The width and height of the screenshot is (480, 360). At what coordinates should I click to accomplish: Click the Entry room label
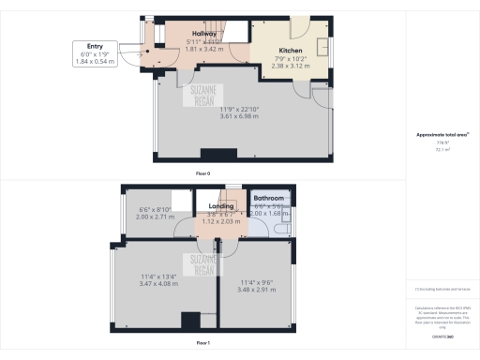(x=95, y=45)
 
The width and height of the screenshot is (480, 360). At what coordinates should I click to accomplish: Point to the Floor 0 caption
(x=202, y=174)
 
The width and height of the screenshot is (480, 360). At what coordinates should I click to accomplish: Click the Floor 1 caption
(x=202, y=345)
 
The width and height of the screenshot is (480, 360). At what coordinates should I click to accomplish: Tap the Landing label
(x=221, y=206)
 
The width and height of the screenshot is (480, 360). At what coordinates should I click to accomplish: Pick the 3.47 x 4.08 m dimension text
(x=161, y=281)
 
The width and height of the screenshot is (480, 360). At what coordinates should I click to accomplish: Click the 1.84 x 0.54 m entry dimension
(x=95, y=62)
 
